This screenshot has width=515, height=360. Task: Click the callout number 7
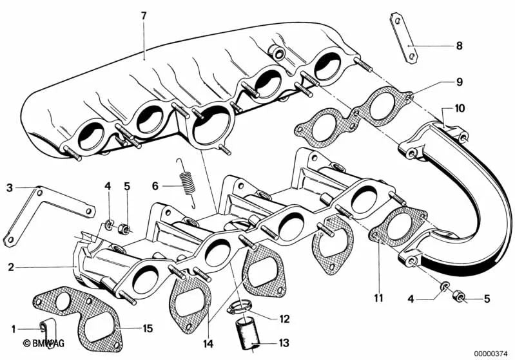tap(144, 14)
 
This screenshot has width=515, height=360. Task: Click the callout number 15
tap(147, 328)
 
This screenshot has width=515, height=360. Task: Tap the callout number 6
tap(155, 185)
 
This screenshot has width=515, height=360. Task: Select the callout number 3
tap(10, 188)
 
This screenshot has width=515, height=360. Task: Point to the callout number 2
tap(10, 266)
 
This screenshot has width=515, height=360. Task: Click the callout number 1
tap(12, 328)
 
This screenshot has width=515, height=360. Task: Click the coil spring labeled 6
tap(187, 184)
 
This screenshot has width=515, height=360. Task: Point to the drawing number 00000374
tap(492, 352)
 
